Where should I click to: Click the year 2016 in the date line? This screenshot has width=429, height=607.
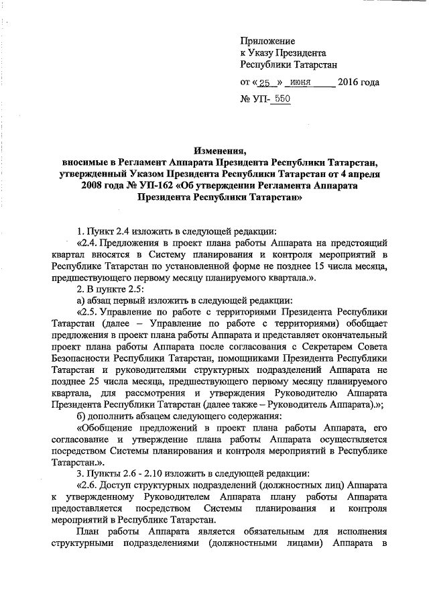pyautogui.click(x=350, y=83)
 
